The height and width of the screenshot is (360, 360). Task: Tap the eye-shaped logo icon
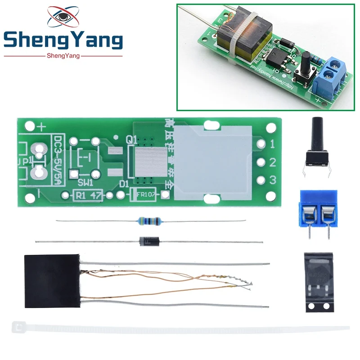click(63, 17)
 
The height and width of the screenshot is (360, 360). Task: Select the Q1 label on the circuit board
click(131, 140)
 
